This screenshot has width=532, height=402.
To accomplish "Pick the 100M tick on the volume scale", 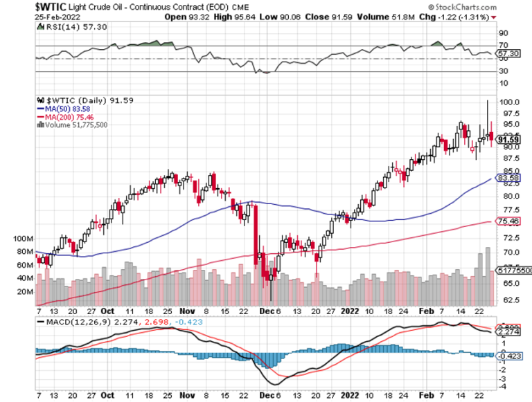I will tap(24, 238).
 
